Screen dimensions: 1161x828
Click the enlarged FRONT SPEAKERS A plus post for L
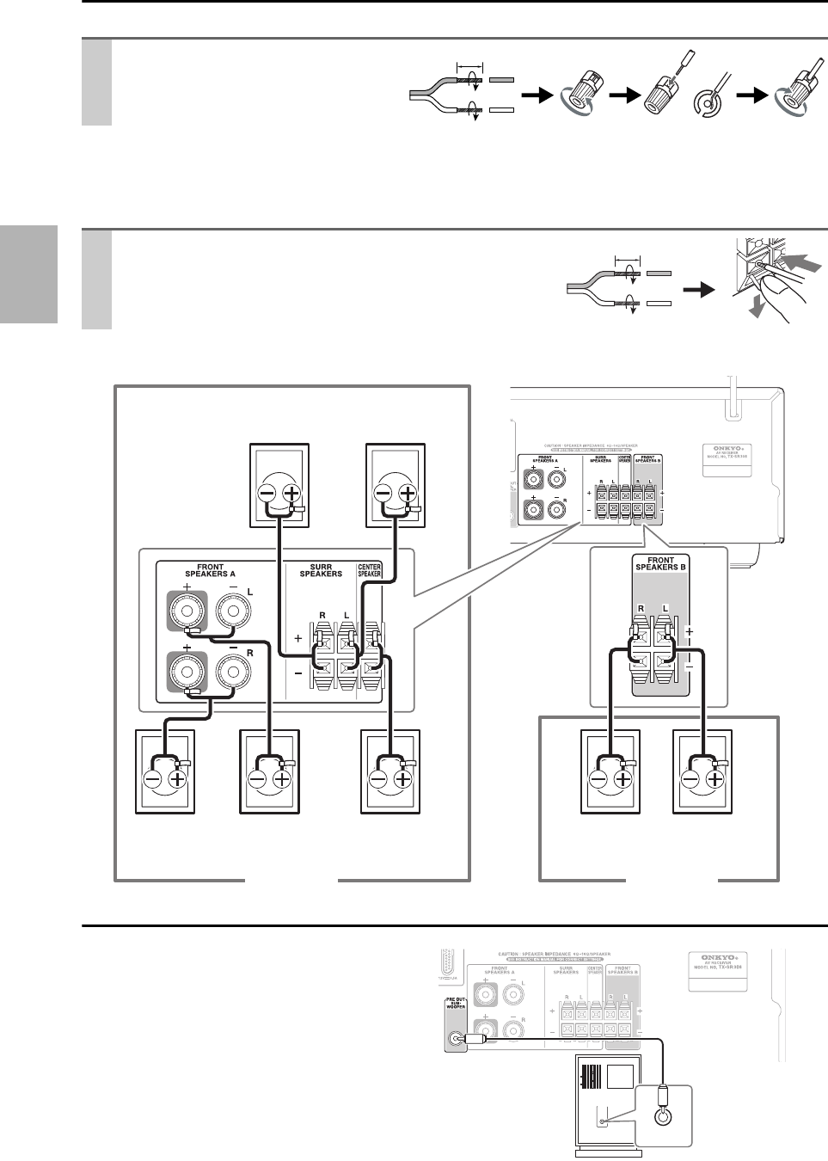[x=187, y=613]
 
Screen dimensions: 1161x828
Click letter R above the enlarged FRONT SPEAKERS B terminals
[x=641, y=607]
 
